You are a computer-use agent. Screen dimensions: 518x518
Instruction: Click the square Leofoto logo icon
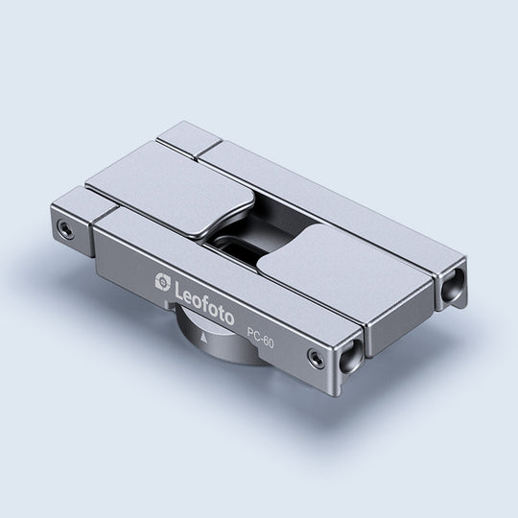tap(163, 282)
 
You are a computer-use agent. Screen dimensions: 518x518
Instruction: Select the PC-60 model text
tap(261, 338)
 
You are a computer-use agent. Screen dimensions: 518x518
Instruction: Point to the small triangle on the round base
tap(203, 338)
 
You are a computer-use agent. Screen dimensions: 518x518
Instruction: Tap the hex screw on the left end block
tap(66, 228)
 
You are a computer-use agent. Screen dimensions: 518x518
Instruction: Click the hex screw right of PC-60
tap(316, 357)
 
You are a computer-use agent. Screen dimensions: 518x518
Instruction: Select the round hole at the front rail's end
tap(349, 358)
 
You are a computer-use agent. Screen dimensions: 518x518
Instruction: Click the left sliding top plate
tap(172, 188)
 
